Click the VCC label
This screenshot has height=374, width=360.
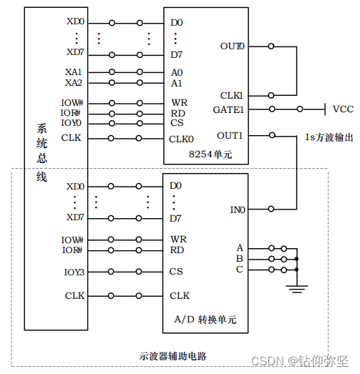point(343,109)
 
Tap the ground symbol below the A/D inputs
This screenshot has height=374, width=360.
point(296,287)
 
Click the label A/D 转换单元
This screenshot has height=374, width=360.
point(204,320)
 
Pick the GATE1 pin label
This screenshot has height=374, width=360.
point(228,109)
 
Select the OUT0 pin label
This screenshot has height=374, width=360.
point(232,46)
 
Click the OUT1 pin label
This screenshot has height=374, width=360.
point(230,135)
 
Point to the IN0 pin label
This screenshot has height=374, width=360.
point(237,210)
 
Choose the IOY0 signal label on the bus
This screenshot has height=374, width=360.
point(72,123)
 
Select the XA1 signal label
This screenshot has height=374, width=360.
point(74,72)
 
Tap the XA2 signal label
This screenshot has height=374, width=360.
point(74,83)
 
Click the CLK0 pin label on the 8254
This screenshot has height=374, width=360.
point(181,139)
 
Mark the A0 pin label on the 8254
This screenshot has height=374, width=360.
point(176,72)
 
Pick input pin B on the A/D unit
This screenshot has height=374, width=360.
point(240,258)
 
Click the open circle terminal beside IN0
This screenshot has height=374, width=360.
point(271,210)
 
